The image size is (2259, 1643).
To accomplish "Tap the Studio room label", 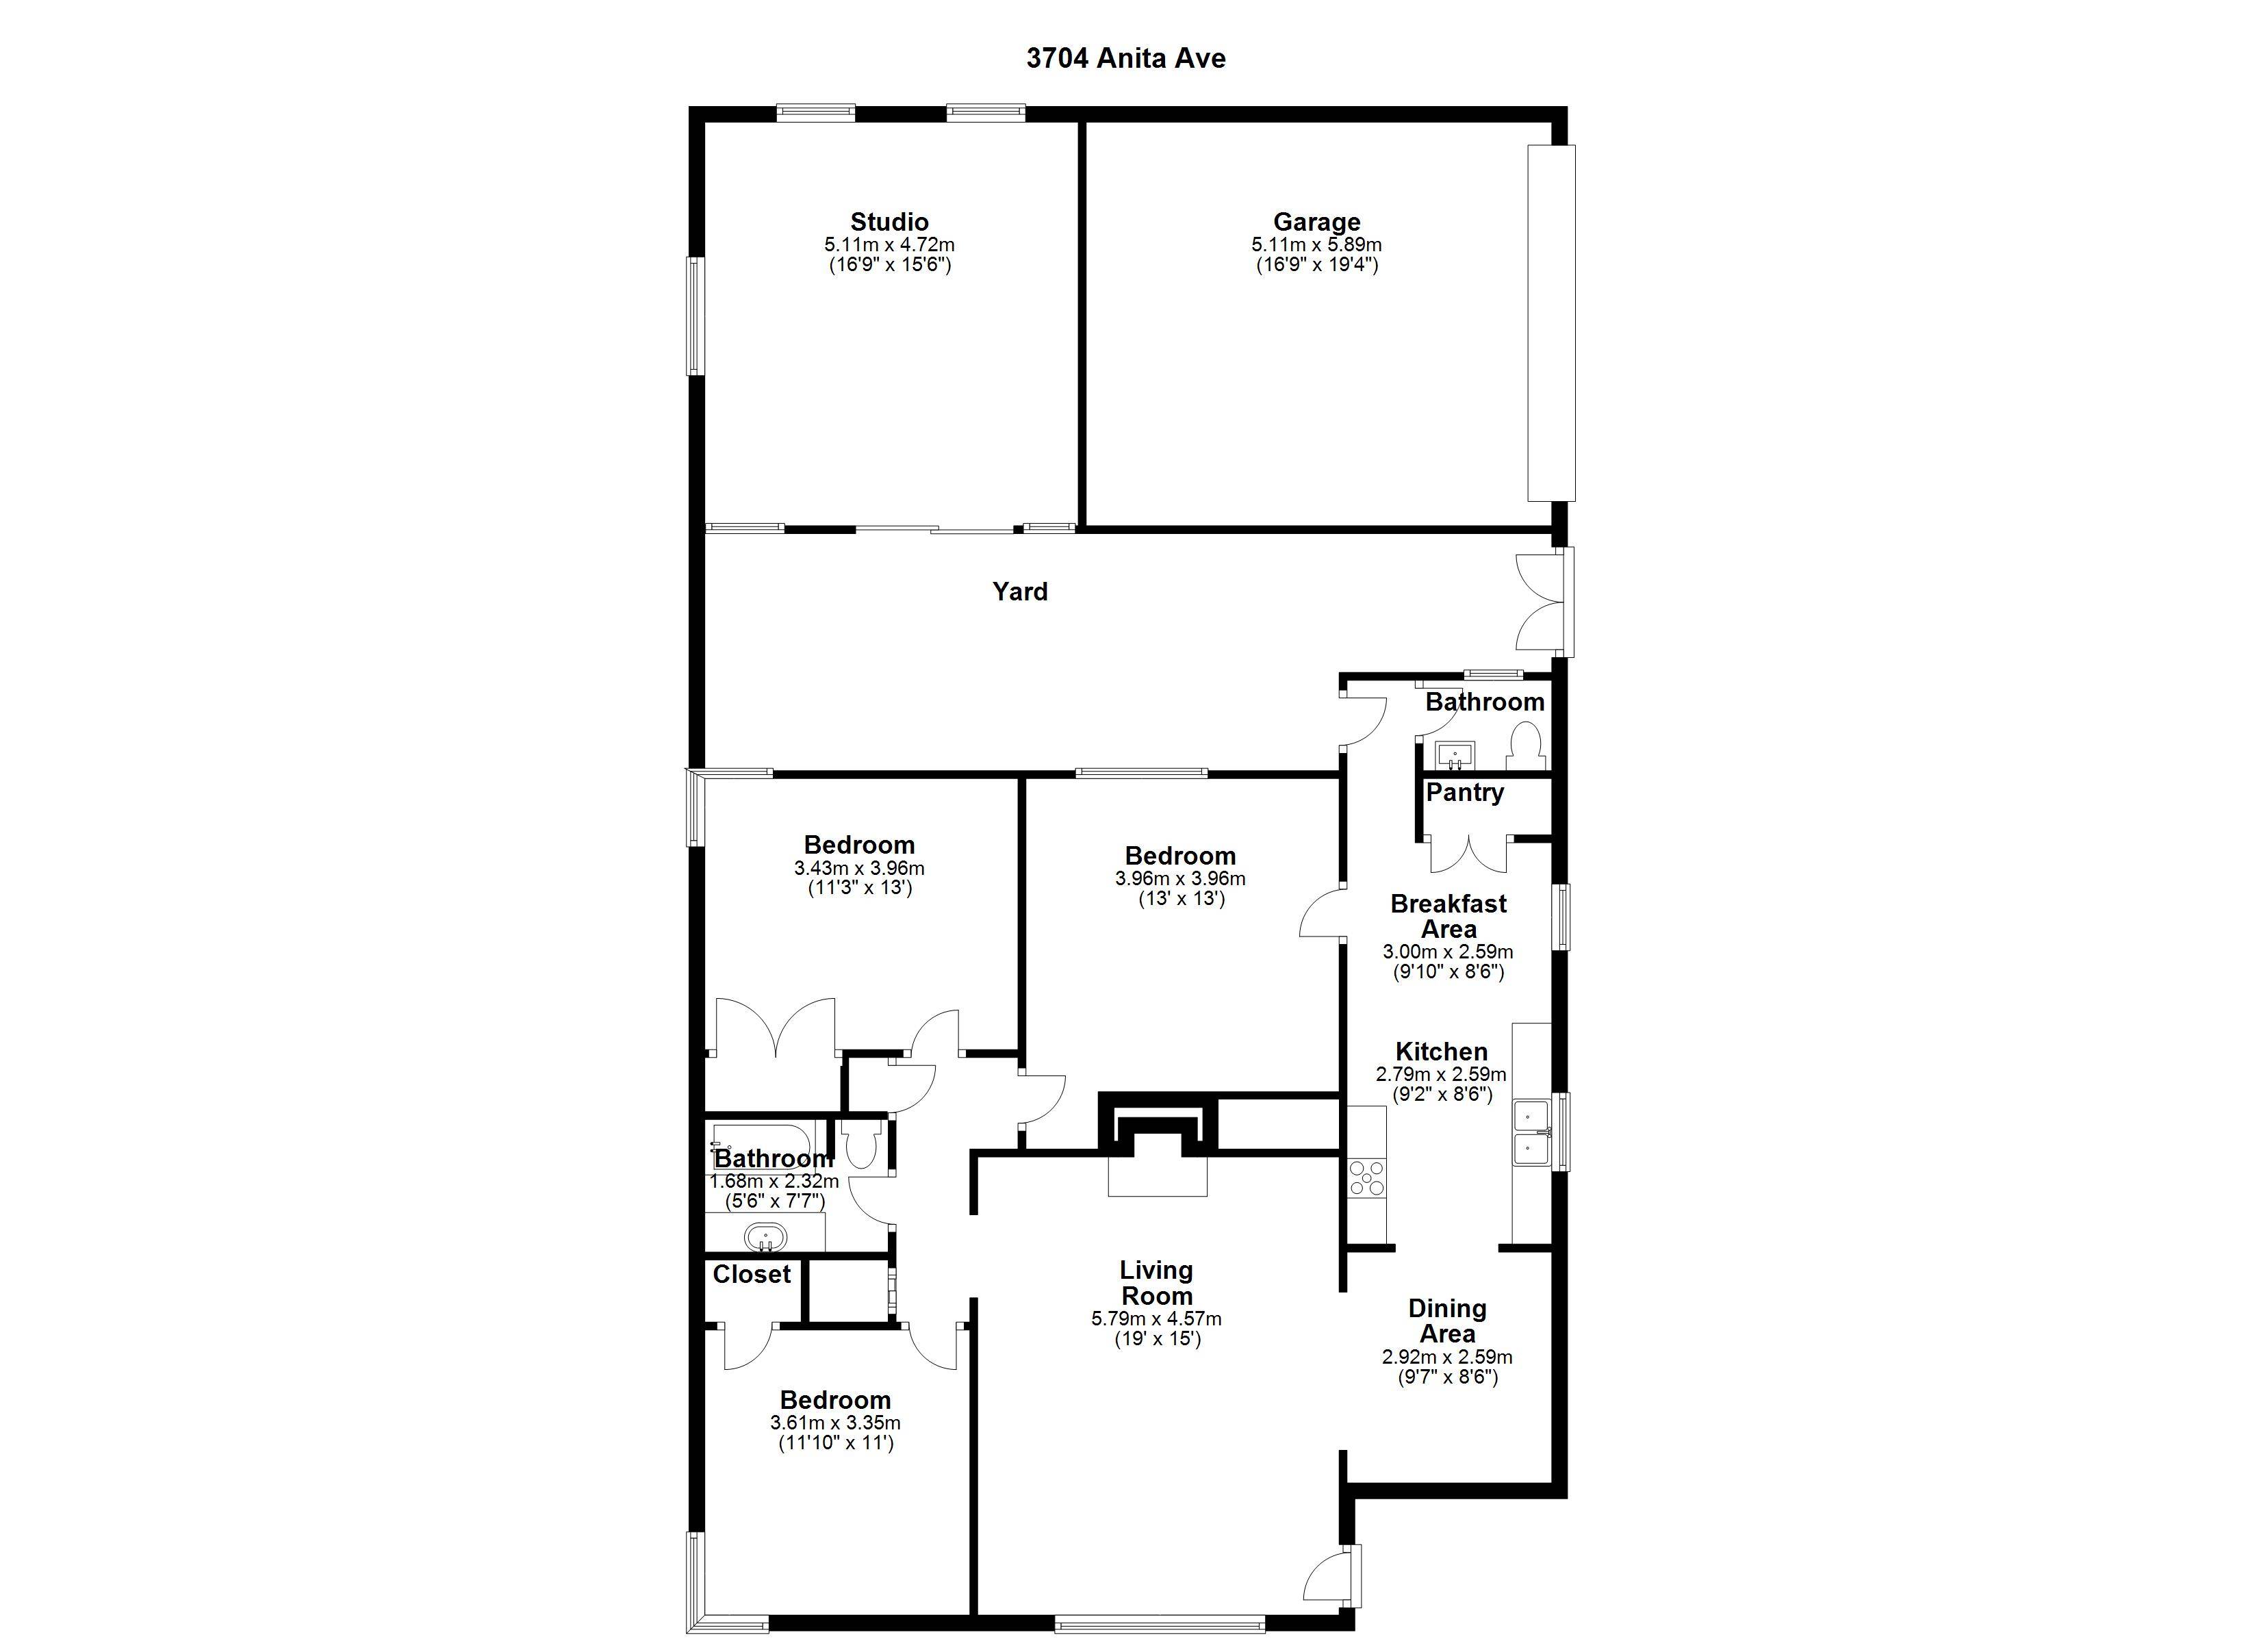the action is (889, 222).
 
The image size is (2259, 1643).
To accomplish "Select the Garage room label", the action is (1317, 222).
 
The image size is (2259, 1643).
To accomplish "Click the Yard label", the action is (1020, 592).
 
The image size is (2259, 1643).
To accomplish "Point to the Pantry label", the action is (1464, 793).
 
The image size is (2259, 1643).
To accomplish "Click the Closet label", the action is (752, 1274).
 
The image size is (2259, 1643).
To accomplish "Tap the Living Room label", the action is (1156, 1284).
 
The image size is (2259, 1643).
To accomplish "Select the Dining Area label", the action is (1447, 1321).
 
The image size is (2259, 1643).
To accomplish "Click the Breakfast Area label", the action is (1448, 917).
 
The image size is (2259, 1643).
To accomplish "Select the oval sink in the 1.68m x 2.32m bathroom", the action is (765, 1238).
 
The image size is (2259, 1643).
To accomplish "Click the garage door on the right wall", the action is (1552, 323).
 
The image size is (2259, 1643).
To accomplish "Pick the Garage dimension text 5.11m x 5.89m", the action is (1317, 245).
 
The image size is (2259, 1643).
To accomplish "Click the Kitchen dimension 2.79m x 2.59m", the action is (1441, 1075).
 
